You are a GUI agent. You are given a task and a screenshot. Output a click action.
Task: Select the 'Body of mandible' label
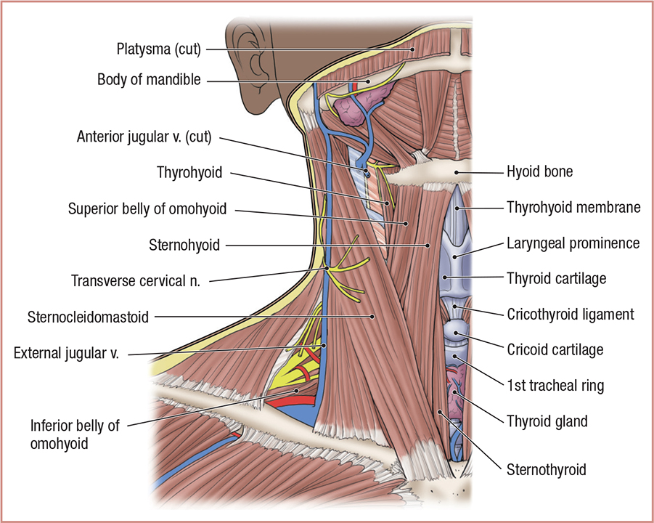pos(149,80)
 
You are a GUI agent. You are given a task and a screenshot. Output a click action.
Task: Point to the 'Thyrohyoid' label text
pos(189,173)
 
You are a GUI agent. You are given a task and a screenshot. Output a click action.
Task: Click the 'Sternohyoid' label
pos(185,246)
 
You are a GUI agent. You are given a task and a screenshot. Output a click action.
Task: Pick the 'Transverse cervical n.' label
pos(136,280)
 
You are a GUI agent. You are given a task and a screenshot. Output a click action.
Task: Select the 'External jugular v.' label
pos(70,354)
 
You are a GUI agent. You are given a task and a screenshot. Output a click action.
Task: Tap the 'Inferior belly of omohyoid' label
pos(74,434)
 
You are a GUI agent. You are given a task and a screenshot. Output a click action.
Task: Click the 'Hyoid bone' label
pos(539,173)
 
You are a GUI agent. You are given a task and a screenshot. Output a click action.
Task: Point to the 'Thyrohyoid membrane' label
pos(573,208)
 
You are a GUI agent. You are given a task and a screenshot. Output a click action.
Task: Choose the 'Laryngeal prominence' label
pos(573,243)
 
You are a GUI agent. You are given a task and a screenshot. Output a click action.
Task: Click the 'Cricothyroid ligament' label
pos(571,315)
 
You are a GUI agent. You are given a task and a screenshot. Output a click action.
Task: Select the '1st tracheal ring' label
pos(556,385)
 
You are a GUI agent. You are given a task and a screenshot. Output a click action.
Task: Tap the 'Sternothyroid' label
pos(547,469)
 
